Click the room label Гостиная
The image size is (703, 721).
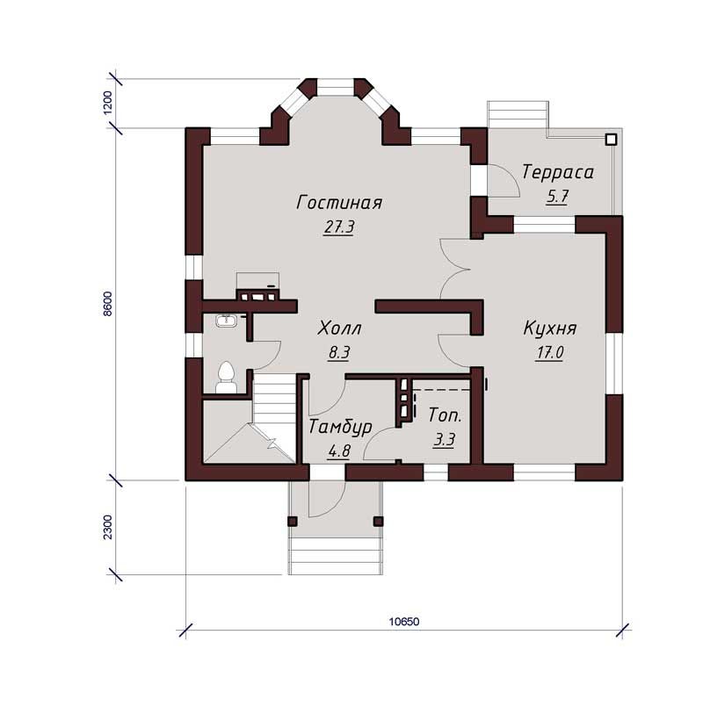tap(339, 202)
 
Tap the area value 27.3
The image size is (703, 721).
tap(339, 227)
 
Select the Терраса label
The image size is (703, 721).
tap(558, 172)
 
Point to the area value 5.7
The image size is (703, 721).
tap(557, 197)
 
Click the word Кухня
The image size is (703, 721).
tap(550, 328)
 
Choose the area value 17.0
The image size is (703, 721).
tap(550, 353)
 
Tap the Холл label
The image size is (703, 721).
tap(339, 328)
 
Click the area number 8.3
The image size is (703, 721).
tap(339, 353)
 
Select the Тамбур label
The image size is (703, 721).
tap(340, 427)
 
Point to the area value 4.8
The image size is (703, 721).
tap(339, 451)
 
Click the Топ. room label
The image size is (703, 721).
tap(445, 415)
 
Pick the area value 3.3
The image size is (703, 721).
tap(444, 440)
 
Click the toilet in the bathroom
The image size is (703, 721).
tap(226, 378)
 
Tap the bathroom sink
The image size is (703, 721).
tap(226, 320)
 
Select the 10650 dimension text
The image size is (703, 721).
tap(404, 622)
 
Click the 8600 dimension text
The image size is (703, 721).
tap(107, 304)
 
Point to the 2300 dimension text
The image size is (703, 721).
tap(107, 527)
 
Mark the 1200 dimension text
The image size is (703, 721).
tap(107, 103)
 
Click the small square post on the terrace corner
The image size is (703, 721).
tap(611, 140)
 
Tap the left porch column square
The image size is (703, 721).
tap(293, 521)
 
